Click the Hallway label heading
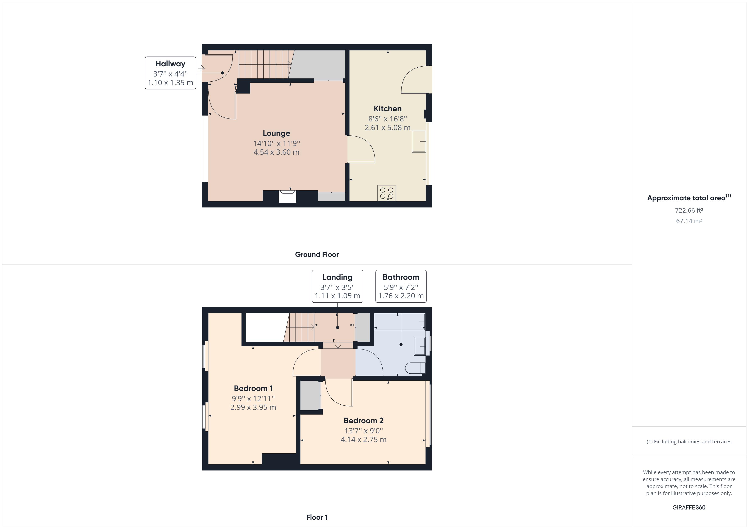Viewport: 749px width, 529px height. [170, 64]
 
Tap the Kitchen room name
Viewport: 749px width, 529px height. [387, 109]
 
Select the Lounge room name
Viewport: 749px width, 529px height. [276, 133]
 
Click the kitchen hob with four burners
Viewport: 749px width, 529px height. [387, 193]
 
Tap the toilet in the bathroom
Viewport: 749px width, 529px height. [415, 368]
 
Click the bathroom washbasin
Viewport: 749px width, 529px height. [420, 346]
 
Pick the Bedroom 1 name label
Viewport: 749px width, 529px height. [253, 388]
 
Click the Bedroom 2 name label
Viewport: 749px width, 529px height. [363, 420]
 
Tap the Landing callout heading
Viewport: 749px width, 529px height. [337, 277]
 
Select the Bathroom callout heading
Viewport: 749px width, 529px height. [401, 277]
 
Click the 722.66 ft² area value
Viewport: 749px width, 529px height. [689, 210]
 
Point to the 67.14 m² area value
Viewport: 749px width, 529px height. [689, 221]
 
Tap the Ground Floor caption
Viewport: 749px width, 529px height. [317, 254]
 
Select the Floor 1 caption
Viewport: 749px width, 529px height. [317, 517]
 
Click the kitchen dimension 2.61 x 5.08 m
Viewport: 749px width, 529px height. [387, 128]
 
